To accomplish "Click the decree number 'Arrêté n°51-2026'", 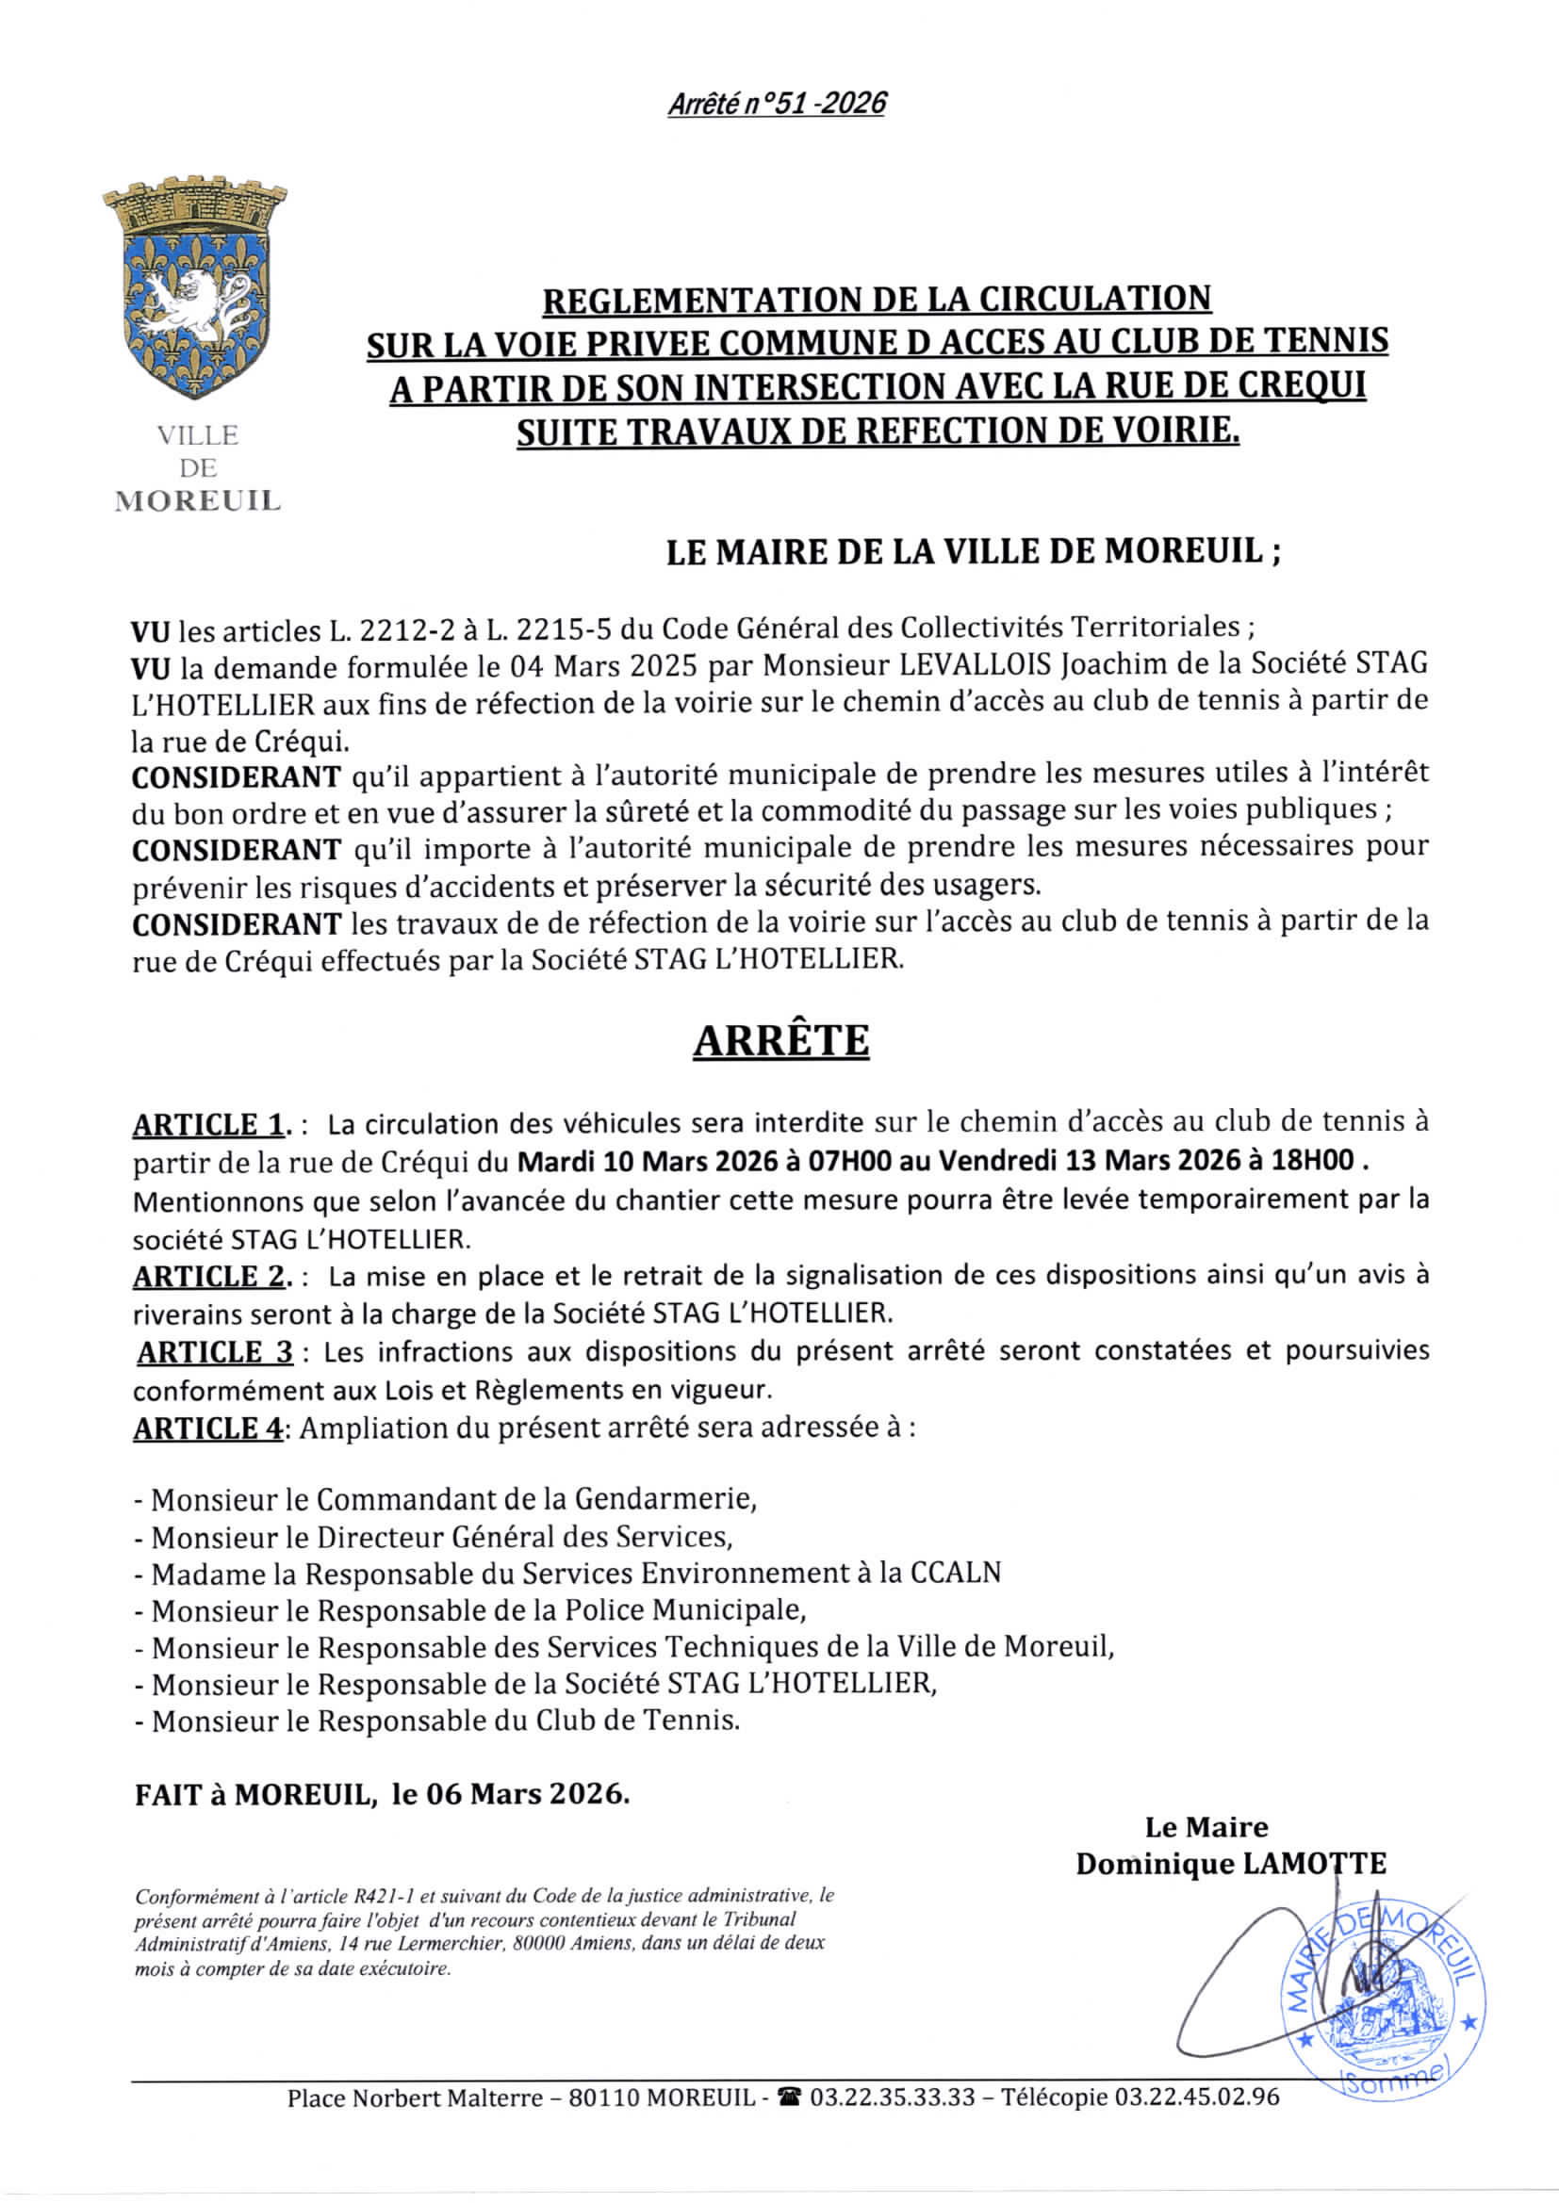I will coord(776,103).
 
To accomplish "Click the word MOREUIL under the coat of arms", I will coord(198,501).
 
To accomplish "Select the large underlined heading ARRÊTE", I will coord(780,1041).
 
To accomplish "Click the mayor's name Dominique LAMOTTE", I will coord(1230,1865).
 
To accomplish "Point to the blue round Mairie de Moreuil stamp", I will coord(1383,1986).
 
